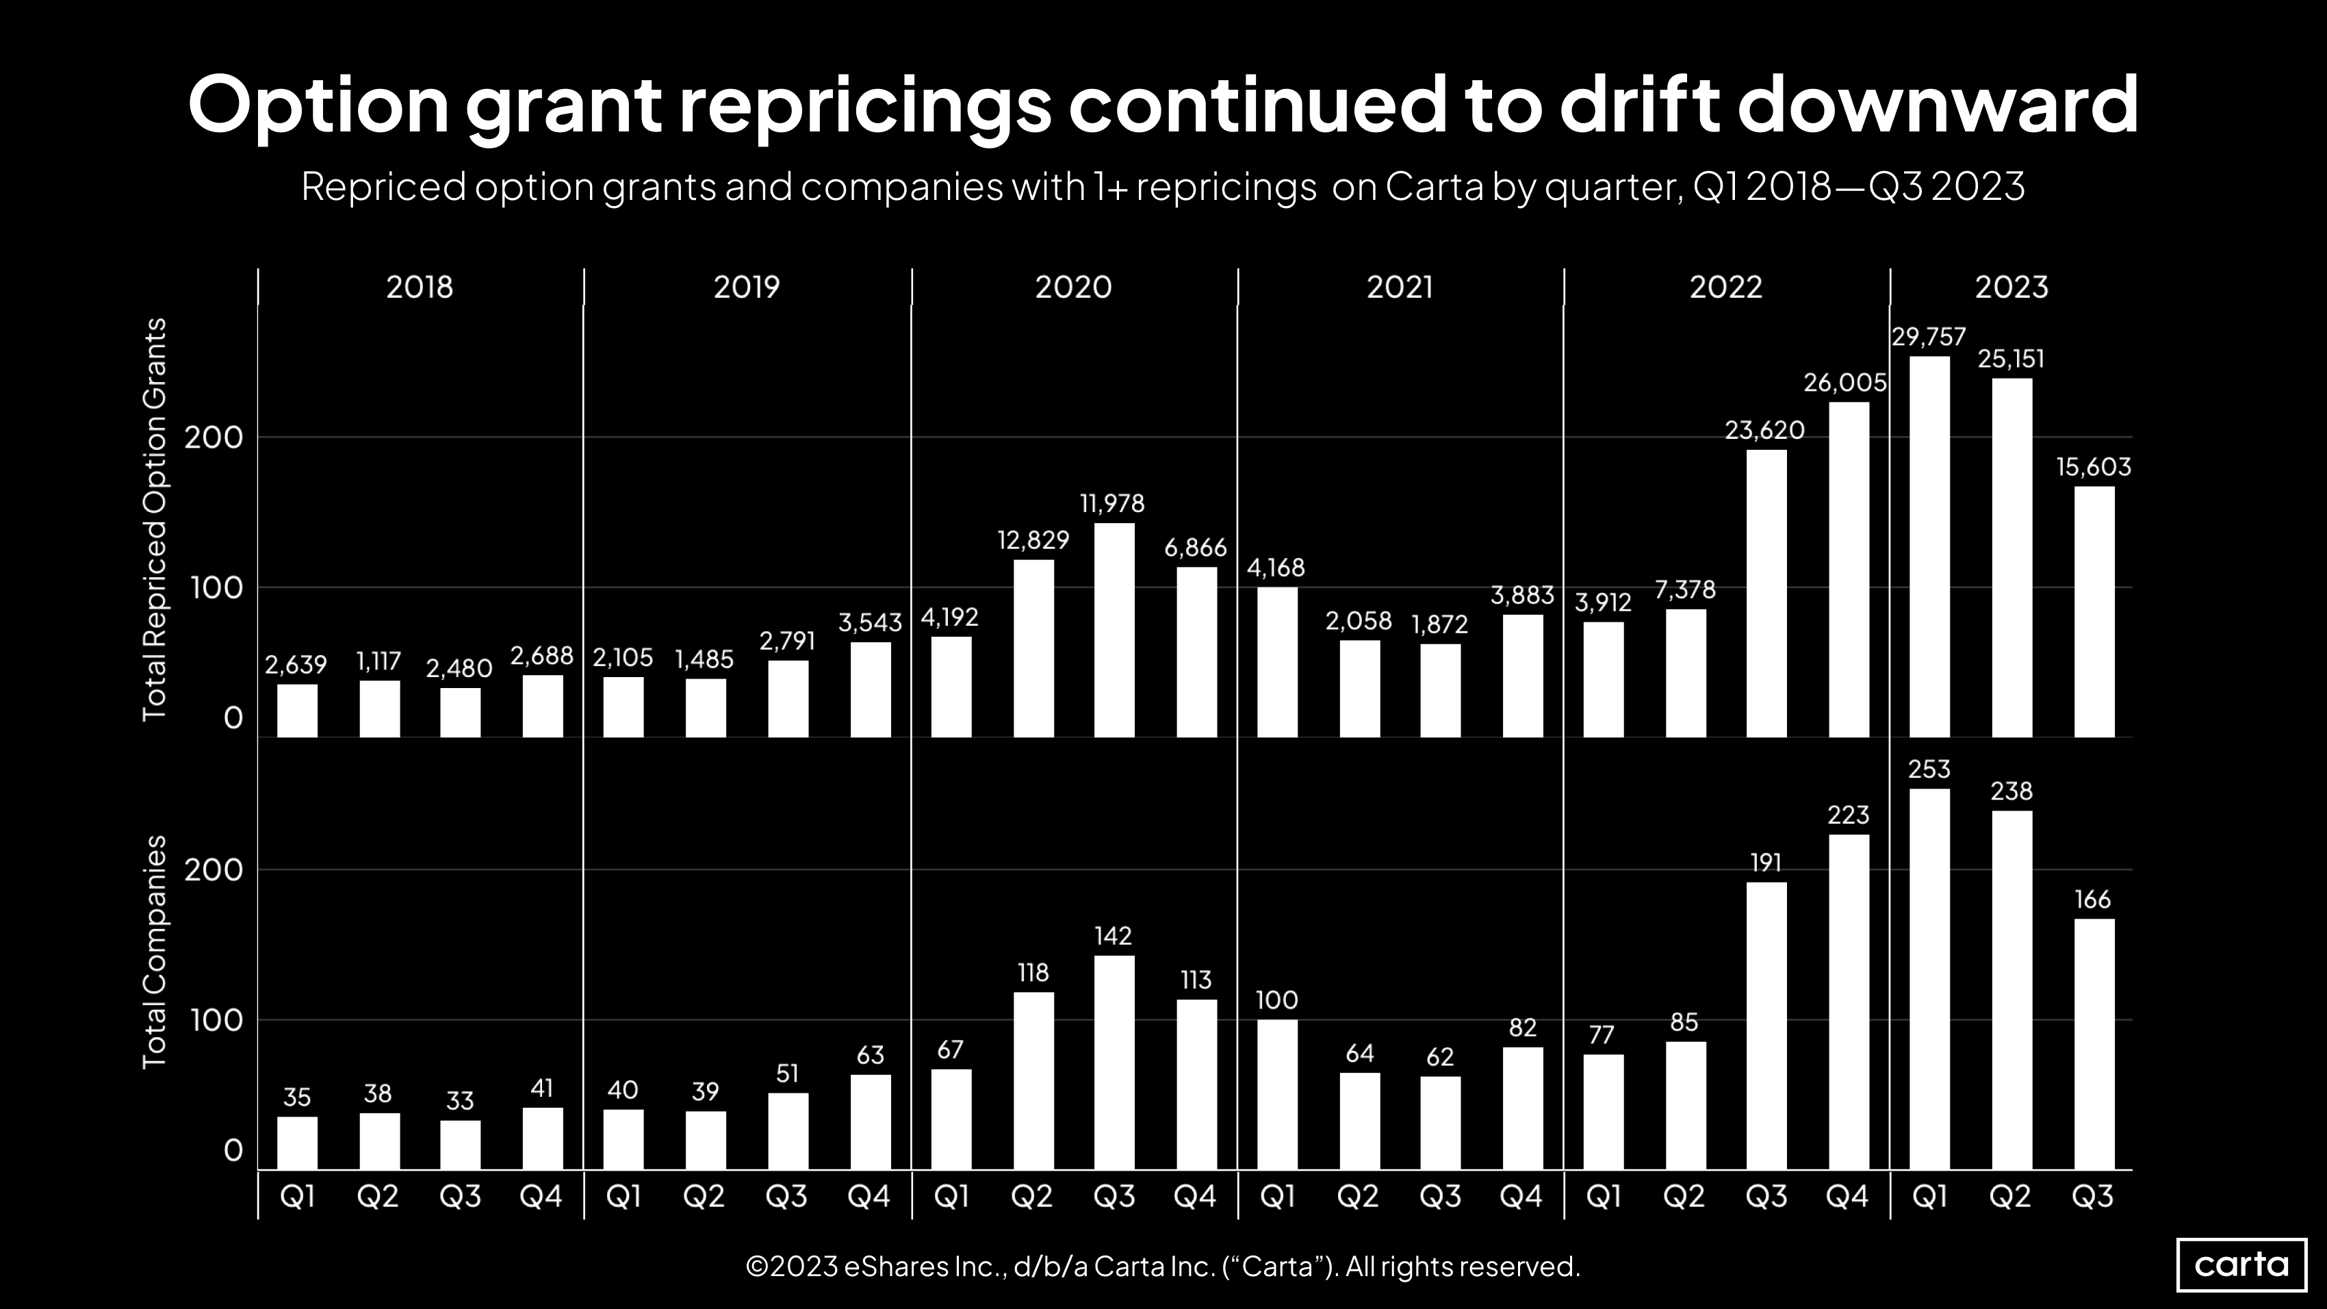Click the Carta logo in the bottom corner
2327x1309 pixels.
(x=2241, y=1264)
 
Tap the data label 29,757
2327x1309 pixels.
(x=1929, y=337)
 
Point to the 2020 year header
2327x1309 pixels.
(x=1073, y=288)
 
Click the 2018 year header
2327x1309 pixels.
(x=419, y=288)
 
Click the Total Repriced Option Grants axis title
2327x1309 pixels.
(x=155, y=520)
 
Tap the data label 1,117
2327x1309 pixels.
(x=378, y=661)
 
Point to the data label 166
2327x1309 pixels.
(x=2093, y=899)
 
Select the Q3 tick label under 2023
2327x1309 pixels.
(x=2093, y=1196)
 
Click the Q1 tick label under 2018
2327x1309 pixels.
(x=297, y=1196)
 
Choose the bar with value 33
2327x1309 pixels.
(x=460, y=1145)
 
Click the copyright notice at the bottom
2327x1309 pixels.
(x=1163, y=1267)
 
